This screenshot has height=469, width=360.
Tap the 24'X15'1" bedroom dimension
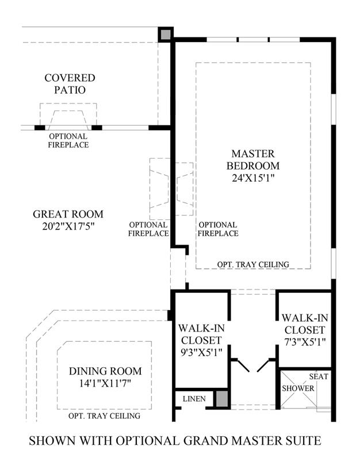(253, 178)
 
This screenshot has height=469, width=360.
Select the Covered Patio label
(71, 84)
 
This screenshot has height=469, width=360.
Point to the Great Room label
(63, 214)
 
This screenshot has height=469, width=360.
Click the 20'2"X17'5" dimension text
(63, 227)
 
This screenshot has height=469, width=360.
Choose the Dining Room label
(105, 371)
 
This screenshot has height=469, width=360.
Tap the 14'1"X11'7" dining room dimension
(105, 383)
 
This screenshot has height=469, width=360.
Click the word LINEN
(194, 398)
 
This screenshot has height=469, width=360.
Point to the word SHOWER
(298, 388)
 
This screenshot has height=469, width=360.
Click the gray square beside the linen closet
(221, 399)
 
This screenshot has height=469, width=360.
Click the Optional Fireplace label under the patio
(67, 140)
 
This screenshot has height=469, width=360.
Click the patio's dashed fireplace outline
(68, 115)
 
